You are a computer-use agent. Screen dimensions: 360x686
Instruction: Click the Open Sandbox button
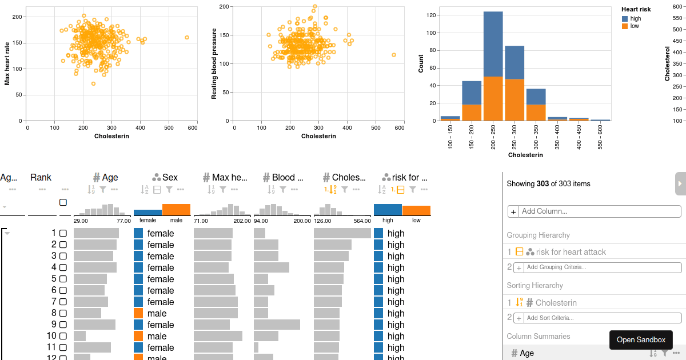pos(641,339)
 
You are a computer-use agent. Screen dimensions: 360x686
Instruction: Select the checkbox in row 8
pos(63,313)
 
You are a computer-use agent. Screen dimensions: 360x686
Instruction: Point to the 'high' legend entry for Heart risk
pos(635,19)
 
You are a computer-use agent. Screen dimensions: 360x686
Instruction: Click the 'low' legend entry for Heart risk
pos(634,26)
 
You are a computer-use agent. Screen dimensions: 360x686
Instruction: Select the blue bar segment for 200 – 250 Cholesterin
pos(493,44)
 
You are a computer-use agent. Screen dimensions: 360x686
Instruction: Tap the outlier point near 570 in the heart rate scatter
pos(187,37)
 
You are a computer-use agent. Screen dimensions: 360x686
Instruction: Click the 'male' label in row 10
pos(157,336)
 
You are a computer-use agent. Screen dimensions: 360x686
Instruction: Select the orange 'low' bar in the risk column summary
pos(416,210)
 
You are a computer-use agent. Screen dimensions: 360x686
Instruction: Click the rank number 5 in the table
pos(54,279)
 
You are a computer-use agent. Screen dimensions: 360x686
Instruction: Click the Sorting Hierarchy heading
pos(535,285)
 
